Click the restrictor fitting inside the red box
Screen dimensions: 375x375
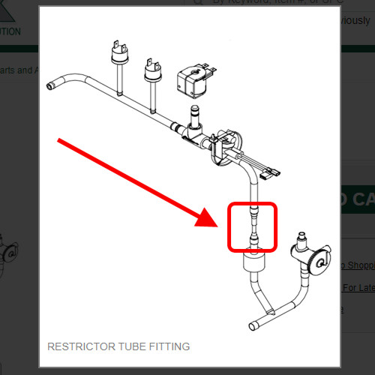point(254,226)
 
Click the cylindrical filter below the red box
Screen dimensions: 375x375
point(253,263)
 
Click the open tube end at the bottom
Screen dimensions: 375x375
point(253,325)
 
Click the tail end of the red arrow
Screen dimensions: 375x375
point(60,139)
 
